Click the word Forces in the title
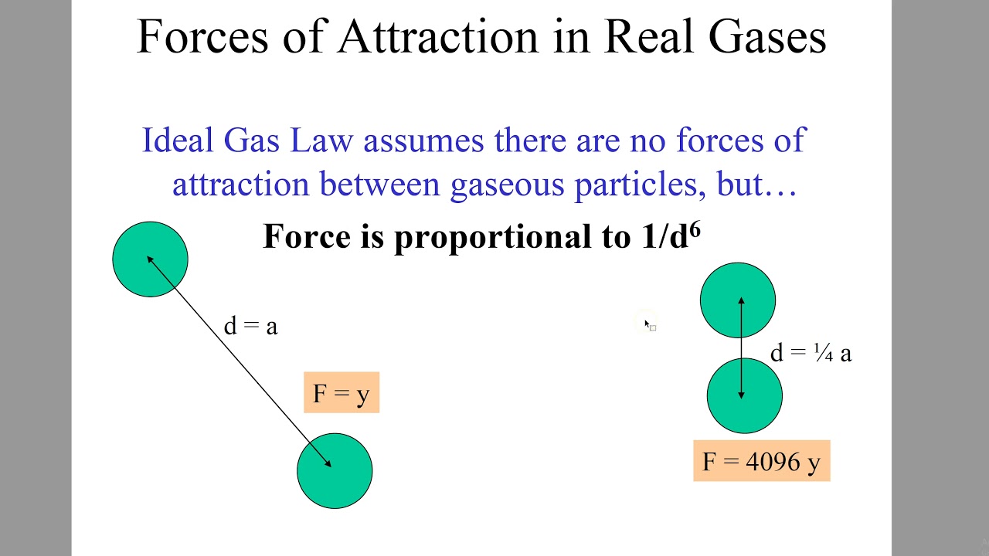[202, 36]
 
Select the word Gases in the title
[767, 36]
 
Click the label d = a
[250, 327]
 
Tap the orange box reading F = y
[342, 393]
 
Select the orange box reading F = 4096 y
[761, 462]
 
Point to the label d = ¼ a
[811, 354]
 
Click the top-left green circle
[150, 259]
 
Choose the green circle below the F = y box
[335, 471]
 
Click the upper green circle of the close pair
[738, 300]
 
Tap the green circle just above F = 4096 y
[744, 396]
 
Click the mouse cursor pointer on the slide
[647, 324]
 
